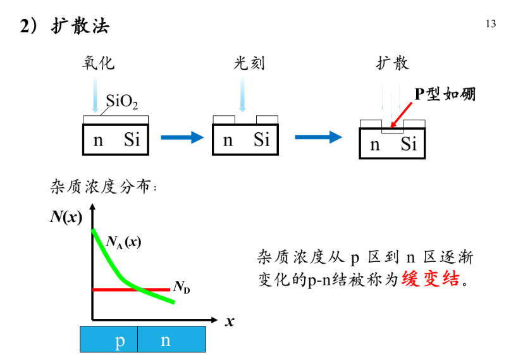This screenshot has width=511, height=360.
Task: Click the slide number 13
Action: [x=490, y=24]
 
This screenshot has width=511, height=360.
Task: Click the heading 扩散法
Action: [x=80, y=26]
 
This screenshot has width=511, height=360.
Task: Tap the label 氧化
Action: [x=98, y=63]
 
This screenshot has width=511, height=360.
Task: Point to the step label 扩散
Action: [x=392, y=63]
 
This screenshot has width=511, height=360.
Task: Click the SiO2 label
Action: [x=121, y=101]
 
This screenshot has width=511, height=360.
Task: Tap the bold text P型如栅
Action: [x=445, y=94]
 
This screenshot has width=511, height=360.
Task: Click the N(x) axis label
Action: [x=66, y=218]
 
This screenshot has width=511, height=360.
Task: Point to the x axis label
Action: [x=230, y=321]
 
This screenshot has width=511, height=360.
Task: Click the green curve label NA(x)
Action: [x=123, y=241]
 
